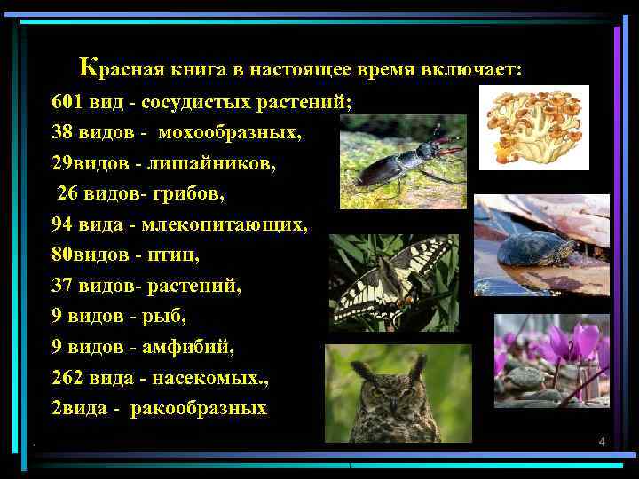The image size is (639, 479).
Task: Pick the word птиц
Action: (179, 255)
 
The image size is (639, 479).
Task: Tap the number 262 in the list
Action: (68, 378)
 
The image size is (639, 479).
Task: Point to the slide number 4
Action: (601, 441)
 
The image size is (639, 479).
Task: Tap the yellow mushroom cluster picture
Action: (533, 127)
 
